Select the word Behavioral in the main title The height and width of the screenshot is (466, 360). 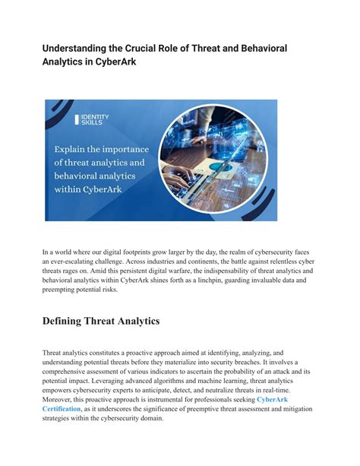click(x=257, y=48)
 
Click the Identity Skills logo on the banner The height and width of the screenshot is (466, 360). click(x=92, y=119)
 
